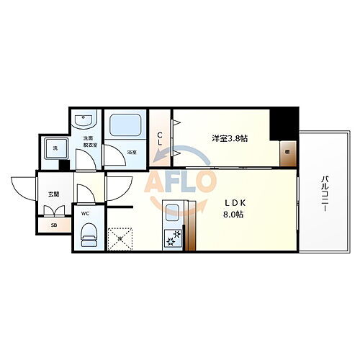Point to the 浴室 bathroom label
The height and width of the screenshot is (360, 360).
pyautogui.click(x=132, y=153)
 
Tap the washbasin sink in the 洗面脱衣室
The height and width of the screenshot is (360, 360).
pyautogui.click(x=86, y=120)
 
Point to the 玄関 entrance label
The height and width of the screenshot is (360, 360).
pyautogui.click(x=54, y=194)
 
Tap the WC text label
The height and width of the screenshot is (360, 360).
pyautogui.click(x=85, y=213)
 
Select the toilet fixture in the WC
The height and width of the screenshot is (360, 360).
pyautogui.click(x=89, y=234)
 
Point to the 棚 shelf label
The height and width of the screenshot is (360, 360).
pyautogui.click(x=287, y=152)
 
